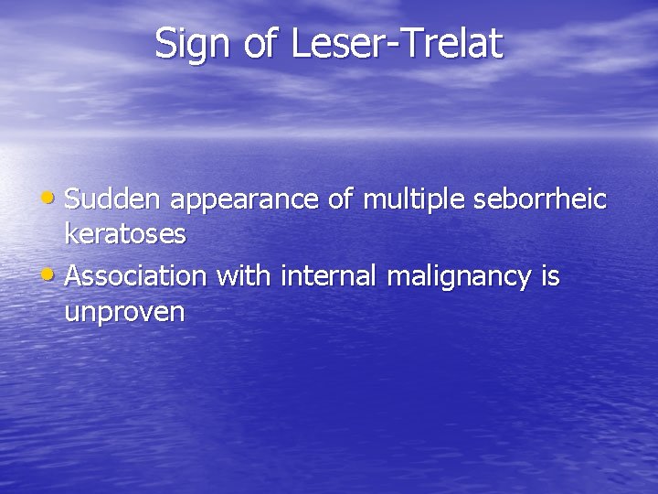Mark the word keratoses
125,234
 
